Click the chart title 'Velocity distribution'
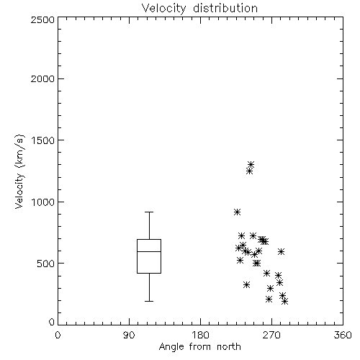[199, 8]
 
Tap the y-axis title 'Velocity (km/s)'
[19, 171]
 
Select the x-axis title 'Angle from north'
[199, 347]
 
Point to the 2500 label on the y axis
[42, 19]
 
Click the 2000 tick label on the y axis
[42, 79]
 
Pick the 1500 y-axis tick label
[43, 140]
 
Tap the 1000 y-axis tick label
[43, 202]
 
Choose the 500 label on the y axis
[46, 264]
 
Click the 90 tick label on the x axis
[129, 335]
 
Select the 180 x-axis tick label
[200, 335]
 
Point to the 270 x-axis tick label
[271, 335]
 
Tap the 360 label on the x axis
[343, 335]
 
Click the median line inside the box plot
[149, 251]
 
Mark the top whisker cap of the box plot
[149, 212]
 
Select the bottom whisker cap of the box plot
[149, 301]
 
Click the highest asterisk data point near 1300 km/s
[251, 164]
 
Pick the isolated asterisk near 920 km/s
[237, 212]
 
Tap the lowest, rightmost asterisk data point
[285, 301]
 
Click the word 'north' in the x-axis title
[229, 347]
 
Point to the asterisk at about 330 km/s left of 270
[246, 285]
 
